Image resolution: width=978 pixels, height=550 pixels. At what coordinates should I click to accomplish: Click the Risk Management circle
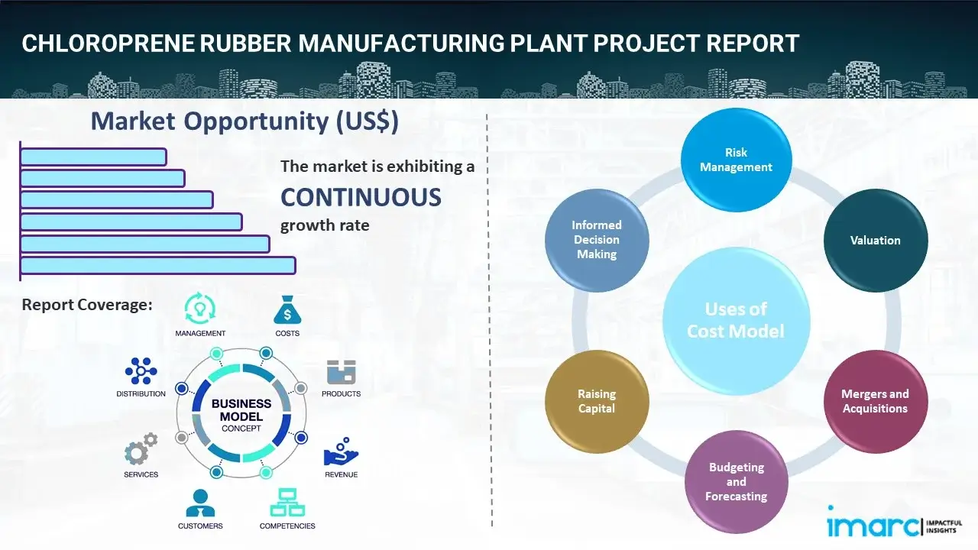(x=736, y=160)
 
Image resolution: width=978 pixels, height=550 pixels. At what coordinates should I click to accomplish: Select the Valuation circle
(x=875, y=240)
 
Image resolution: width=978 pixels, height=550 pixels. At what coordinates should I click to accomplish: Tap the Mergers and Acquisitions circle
(x=875, y=401)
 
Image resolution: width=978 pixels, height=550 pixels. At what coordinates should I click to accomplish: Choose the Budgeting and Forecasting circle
(x=736, y=481)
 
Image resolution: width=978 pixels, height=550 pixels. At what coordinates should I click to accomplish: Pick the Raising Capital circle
(x=597, y=401)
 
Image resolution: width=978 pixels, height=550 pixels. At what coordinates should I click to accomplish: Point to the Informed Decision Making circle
(x=597, y=240)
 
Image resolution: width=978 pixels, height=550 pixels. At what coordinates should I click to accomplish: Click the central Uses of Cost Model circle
(x=736, y=320)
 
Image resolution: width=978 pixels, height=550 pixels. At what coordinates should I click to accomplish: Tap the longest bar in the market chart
(x=157, y=265)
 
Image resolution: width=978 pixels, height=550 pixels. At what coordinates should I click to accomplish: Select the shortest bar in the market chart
(x=93, y=157)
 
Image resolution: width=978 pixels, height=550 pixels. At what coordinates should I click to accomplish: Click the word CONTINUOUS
(x=361, y=198)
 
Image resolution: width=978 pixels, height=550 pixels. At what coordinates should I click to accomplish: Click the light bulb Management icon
(x=200, y=308)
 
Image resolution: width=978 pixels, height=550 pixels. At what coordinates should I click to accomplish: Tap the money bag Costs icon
(x=287, y=310)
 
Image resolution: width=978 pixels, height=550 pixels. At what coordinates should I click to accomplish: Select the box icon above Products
(x=341, y=373)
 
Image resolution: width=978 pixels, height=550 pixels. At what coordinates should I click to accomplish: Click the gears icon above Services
(x=141, y=451)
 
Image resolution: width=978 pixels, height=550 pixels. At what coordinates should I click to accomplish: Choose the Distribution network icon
(x=141, y=371)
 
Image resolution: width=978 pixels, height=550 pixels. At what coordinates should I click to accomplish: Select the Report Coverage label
(x=87, y=305)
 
